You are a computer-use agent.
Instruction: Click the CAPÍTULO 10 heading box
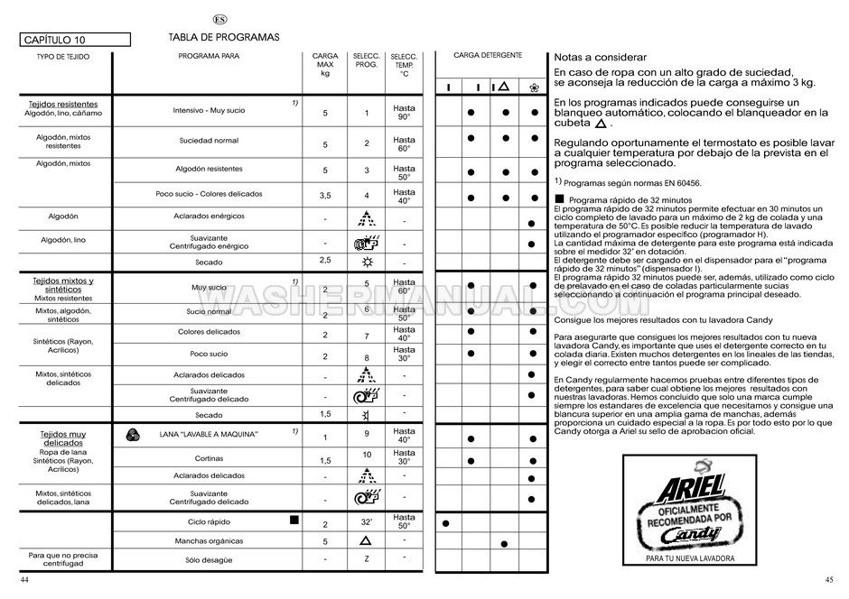click(74, 40)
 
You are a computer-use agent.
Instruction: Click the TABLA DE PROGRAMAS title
click(223, 37)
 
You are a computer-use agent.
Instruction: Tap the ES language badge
click(219, 20)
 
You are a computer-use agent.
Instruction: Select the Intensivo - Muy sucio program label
click(209, 110)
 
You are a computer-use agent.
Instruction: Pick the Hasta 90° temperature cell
click(404, 112)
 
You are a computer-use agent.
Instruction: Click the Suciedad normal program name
click(209, 141)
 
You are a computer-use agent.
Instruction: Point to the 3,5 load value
click(325, 196)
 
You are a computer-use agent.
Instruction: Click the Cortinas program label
click(209, 457)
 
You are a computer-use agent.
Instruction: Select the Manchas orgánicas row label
click(209, 540)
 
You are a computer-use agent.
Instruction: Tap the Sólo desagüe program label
click(209, 559)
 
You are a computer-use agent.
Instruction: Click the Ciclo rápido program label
click(209, 521)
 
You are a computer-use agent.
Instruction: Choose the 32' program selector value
click(367, 521)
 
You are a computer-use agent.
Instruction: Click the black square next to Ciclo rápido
click(294, 521)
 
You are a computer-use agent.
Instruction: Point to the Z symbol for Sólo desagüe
click(367, 559)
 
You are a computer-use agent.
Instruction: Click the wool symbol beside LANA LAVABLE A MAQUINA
click(133, 434)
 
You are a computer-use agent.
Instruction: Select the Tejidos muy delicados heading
click(63, 438)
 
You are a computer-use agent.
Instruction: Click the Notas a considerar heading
click(593, 58)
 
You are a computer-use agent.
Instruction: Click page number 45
click(828, 578)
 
